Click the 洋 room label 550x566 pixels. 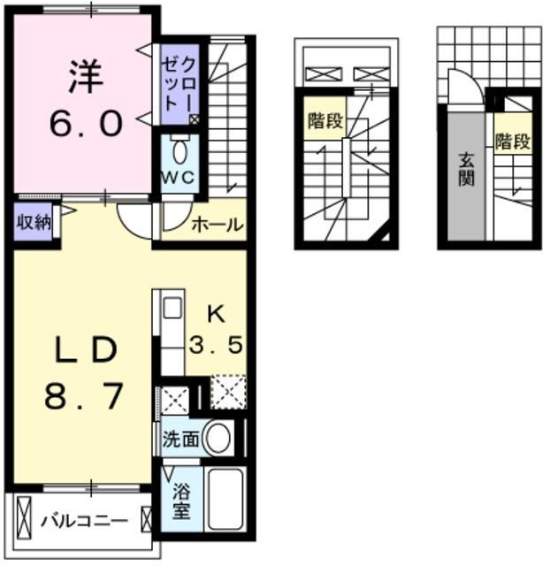tap(86, 75)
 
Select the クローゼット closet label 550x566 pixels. tap(180, 81)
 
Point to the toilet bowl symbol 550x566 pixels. tap(180, 151)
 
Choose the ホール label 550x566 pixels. tap(216, 225)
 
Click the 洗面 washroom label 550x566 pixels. tap(180, 437)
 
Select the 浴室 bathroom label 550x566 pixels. tap(180, 501)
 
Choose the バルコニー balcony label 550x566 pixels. tap(85, 520)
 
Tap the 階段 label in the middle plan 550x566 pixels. tap(325, 121)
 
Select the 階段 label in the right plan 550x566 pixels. tap(512, 141)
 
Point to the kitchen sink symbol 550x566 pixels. tap(172, 309)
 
